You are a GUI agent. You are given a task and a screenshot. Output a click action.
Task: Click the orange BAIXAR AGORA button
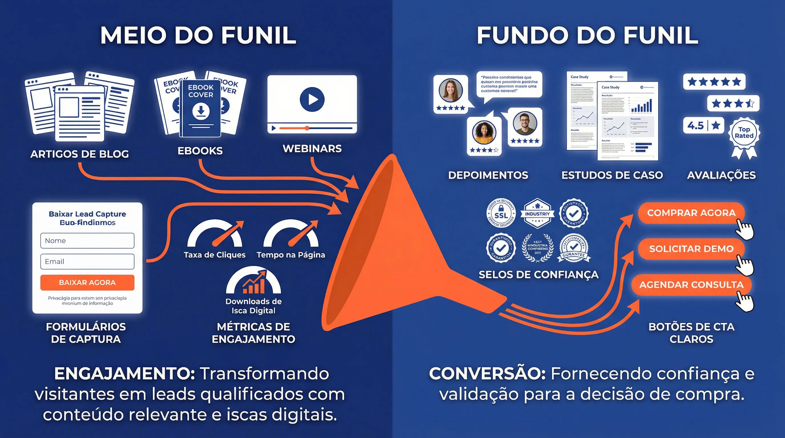pyautogui.click(x=87, y=282)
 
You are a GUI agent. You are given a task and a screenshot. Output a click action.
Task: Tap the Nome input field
pyautogui.click(x=87, y=241)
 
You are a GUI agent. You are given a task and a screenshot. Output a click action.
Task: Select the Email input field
pyautogui.click(x=87, y=261)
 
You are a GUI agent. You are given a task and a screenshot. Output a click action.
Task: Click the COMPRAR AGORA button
pyautogui.click(x=691, y=213)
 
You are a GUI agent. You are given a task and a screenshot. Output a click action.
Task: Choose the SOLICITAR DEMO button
pyautogui.click(x=691, y=249)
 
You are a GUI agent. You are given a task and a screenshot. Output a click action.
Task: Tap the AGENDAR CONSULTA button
pyautogui.click(x=691, y=285)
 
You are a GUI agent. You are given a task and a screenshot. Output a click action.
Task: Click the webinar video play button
pyautogui.click(x=312, y=99)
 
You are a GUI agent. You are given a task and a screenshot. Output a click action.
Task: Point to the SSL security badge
pyautogui.click(x=501, y=213)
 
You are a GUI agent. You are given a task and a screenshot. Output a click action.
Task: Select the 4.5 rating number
pyautogui.click(x=695, y=125)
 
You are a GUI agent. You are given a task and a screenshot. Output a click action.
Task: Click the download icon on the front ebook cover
pyautogui.click(x=201, y=111)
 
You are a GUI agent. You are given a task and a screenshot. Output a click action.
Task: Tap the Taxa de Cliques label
pyautogui.click(x=215, y=255)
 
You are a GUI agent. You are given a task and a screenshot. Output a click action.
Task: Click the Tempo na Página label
pyautogui.click(x=291, y=255)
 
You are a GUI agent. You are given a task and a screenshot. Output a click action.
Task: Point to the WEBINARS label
pyautogui.click(x=312, y=149)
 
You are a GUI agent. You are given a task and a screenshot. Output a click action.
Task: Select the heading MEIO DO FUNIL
pyautogui.click(x=198, y=35)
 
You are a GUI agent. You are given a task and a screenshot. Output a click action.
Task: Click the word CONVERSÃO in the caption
pyautogui.click(x=487, y=374)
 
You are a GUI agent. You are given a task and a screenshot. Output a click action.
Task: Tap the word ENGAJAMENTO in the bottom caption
pyautogui.click(x=124, y=374)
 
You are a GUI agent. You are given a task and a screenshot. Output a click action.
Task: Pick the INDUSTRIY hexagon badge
pyautogui.click(x=537, y=213)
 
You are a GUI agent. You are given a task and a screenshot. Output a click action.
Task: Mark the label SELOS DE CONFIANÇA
pyautogui.click(x=539, y=275)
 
